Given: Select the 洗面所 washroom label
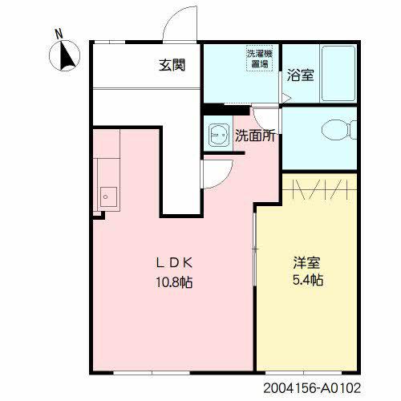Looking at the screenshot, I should [255, 136].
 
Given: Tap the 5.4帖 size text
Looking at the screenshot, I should [306, 282].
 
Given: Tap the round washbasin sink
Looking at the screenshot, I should [217, 135].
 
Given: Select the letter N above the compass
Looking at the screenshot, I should [59, 34].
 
